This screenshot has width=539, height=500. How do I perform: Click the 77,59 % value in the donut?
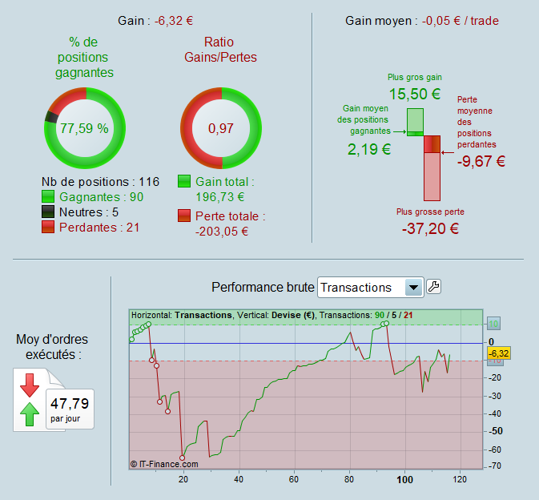click(84, 128)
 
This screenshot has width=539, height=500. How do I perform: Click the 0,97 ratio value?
click(221, 128)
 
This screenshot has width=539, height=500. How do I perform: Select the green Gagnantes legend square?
click(47, 196)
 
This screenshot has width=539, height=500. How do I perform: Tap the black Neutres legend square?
click(47, 212)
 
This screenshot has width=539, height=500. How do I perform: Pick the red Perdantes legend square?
click(47, 228)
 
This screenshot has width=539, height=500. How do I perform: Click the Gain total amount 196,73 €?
click(220, 196)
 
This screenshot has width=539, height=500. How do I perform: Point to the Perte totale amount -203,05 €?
click(221, 232)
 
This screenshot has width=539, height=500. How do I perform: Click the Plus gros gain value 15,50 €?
click(415, 94)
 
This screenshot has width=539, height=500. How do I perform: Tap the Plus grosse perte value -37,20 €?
click(430, 228)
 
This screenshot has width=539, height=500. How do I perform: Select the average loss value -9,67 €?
click(481, 161)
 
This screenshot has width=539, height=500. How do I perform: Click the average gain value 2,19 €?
click(369, 148)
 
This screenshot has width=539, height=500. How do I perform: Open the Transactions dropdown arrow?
click(413, 288)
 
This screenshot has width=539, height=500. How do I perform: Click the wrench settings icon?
click(434, 287)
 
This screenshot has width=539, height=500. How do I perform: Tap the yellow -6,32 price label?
click(498, 353)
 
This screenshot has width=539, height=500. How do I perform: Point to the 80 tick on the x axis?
click(348, 479)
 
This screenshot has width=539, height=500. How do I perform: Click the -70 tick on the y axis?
click(495, 466)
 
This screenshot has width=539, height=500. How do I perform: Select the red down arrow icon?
click(30, 385)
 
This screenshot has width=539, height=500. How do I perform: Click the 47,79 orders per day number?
click(70, 403)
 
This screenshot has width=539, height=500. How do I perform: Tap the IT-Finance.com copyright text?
click(164, 463)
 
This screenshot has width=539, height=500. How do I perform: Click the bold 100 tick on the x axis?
click(404, 479)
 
